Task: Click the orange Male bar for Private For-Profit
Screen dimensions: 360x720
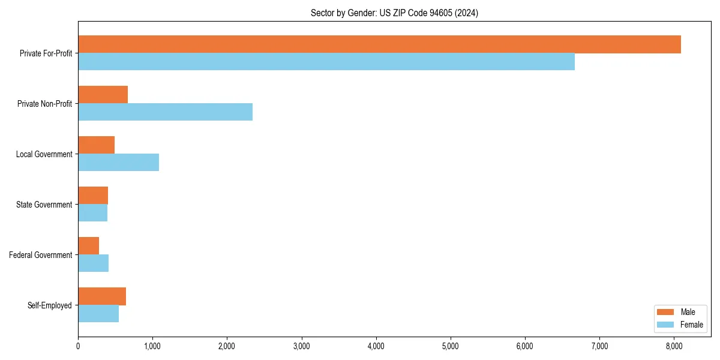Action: click(379, 44)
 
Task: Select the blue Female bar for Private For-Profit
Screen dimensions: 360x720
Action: click(326, 62)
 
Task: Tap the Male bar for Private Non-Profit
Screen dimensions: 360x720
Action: click(103, 95)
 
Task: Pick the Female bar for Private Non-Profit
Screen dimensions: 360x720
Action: click(165, 112)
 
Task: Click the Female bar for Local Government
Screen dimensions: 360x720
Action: click(118, 163)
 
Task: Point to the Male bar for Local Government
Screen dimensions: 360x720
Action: click(96, 145)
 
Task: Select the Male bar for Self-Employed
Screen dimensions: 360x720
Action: click(102, 296)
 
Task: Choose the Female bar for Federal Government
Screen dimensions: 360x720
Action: click(93, 263)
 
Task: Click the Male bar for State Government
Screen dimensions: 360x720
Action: click(93, 196)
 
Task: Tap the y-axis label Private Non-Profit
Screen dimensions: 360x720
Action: click(44, 104)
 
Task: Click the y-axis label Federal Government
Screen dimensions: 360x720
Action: click(40, 255)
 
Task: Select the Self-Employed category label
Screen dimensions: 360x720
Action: click(49, 305)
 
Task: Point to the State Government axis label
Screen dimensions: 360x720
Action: click(44, 205)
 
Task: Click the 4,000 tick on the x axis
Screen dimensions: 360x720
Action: click(376, 346)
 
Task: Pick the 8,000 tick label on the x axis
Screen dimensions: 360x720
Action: click(674, 346)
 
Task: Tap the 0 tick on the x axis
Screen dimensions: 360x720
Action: click(78, 346)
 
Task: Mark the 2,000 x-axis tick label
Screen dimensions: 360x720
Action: click(227, 346)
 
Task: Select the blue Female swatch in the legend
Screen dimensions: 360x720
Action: click(666, 325)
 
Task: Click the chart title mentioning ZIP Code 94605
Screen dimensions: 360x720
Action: click(394, 13)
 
